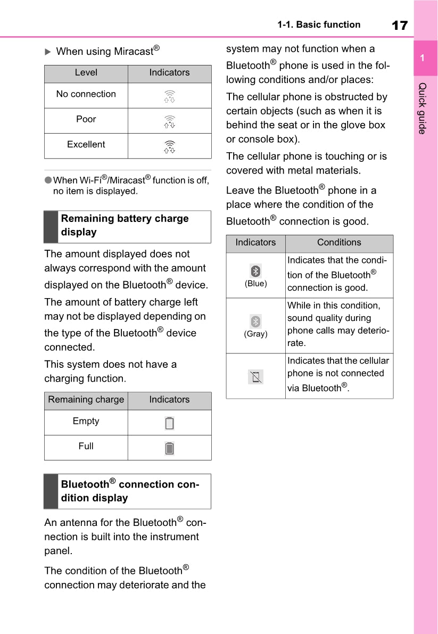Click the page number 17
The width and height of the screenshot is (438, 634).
(x=399, y=25)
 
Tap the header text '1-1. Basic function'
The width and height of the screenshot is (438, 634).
(x=318, y=24)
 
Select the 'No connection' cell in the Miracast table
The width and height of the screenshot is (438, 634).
(x=86, y=94)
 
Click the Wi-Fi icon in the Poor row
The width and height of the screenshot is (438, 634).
(x=169, y=121)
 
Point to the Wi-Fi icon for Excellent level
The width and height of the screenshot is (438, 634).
(x=169, y=146)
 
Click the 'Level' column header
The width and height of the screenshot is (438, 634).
(x=86, y=72)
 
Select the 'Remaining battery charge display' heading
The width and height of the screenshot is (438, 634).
(x=125, y=225)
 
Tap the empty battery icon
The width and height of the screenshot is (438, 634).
(x=169, y=423)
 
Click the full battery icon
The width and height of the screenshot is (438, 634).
(x=169, y=448)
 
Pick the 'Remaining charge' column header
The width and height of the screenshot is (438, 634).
(x=86, y=400)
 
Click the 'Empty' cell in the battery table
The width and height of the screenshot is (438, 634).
(x=86, y=421)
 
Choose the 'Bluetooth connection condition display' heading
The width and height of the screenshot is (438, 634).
(x=130, y=491)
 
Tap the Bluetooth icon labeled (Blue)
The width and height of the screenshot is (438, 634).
(x=256, y=270)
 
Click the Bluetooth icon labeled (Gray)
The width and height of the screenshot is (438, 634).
(x=256, y=321)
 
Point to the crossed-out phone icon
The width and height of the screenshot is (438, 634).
(x=256, y=377)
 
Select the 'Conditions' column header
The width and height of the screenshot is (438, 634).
(x=339, y=243)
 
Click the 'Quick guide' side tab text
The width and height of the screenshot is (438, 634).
(x=422, y=108)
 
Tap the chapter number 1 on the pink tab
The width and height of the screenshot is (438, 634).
(x=422, y=58)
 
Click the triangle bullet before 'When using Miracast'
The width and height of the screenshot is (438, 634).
(x=47, y=52)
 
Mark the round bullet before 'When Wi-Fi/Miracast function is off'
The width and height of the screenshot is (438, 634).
(x=47, y=180)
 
